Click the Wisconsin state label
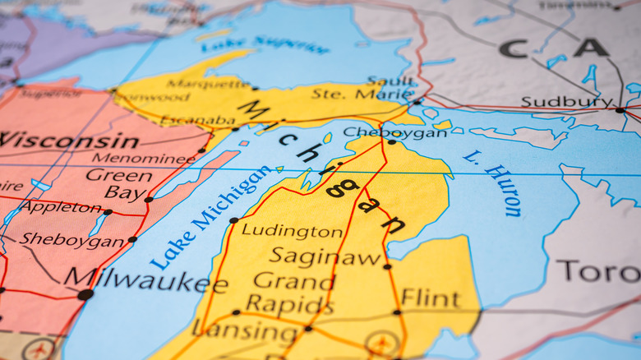(69, 140)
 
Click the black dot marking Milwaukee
(85, 294)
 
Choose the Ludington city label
(292, 231)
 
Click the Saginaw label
(325, 256)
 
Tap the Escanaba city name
(197, 120)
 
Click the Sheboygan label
(72, 240)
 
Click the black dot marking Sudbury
(620, 109)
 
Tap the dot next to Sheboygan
(132, 239)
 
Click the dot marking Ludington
(233, 220)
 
